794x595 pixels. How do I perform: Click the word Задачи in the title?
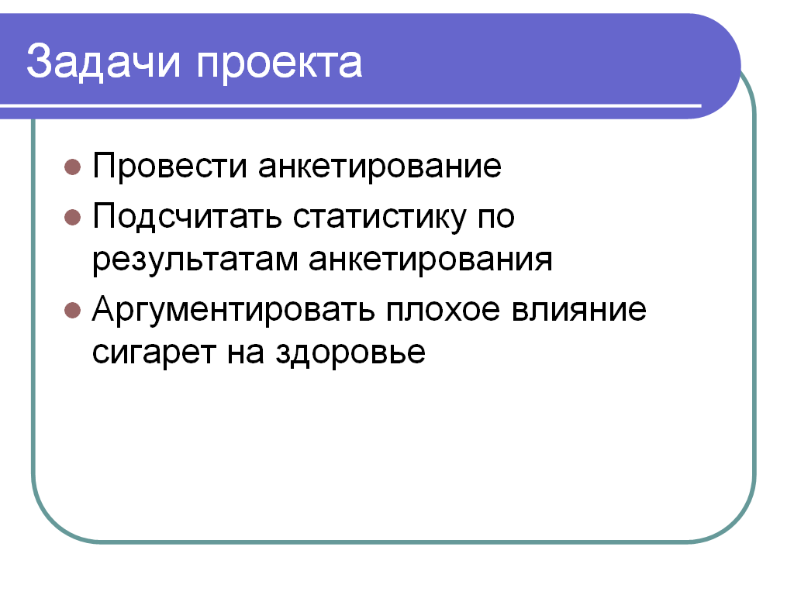(103, 62)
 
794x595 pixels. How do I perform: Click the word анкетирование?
(380, 167)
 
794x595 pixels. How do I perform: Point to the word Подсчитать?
(187, 218)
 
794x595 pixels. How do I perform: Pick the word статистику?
(379, 218)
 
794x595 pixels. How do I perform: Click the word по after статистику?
(496, 218)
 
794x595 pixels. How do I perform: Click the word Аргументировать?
(233, 310)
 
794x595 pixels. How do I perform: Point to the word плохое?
(443, 310)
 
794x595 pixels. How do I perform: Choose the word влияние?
(578, 310)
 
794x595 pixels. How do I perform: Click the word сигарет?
(154, 353)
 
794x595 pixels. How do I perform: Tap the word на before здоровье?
(246, 353)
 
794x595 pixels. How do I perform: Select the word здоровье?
(350, 353)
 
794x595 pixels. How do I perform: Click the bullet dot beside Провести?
(73, 167)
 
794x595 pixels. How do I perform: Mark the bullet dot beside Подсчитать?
(73, 218)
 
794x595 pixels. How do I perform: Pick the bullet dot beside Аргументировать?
(73, 310)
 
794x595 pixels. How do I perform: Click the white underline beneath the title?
(350, 105)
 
